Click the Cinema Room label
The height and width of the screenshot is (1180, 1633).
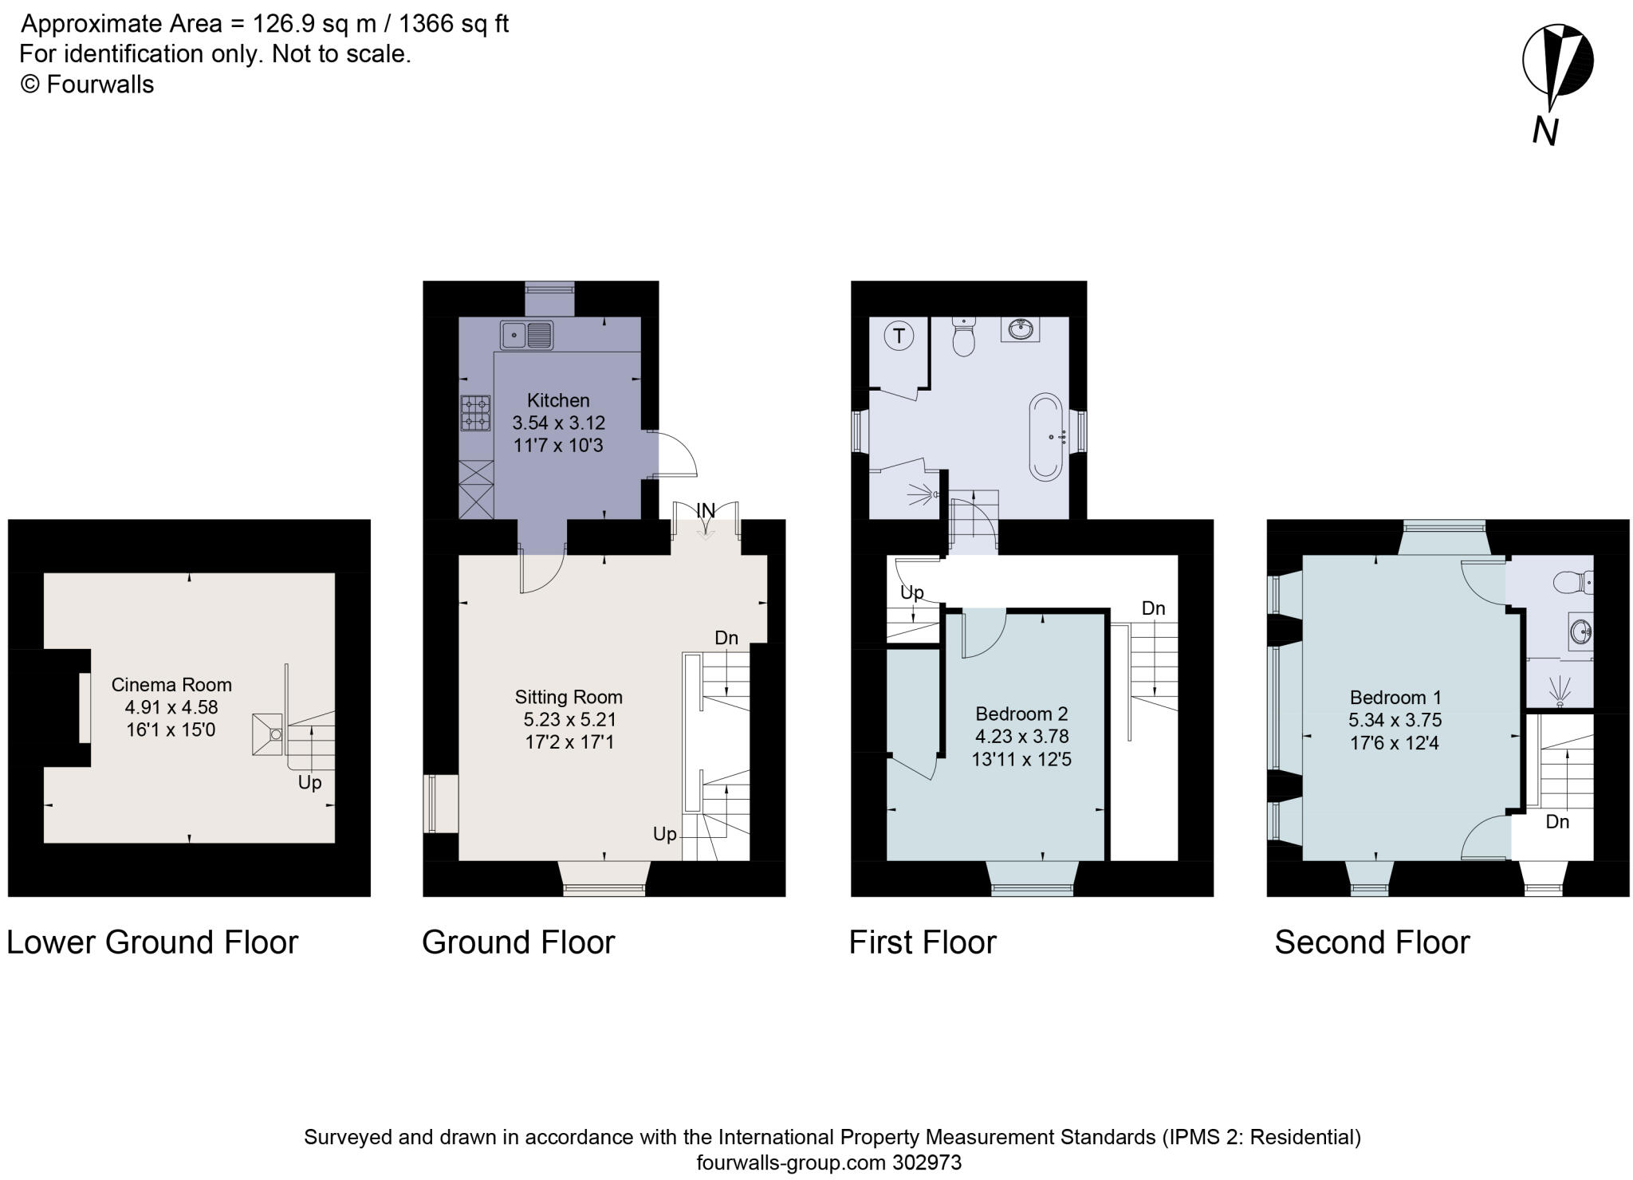(171, 684)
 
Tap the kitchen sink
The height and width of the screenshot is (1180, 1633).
(526, 335)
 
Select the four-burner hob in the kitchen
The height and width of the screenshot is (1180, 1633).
(475, 413)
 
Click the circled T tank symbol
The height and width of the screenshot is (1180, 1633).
(899, 336)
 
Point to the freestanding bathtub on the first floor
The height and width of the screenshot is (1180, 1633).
(1049, 436)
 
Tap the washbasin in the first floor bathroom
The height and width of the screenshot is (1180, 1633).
(1020, 328)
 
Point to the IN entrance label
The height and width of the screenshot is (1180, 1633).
(706, 509)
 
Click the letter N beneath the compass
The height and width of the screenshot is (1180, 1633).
(1545, 131)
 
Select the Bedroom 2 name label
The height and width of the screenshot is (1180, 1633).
(1021, 714)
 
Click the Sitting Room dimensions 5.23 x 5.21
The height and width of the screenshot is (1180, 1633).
(569, 719)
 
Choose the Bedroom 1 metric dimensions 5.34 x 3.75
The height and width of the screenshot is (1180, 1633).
(1395, 720)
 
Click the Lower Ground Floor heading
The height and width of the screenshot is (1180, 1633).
(152, 942)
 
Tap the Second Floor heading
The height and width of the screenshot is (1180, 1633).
(1371, 942)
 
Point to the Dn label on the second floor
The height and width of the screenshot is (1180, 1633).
(1557, 821)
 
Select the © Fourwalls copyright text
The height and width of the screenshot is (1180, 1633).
(86, 85)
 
